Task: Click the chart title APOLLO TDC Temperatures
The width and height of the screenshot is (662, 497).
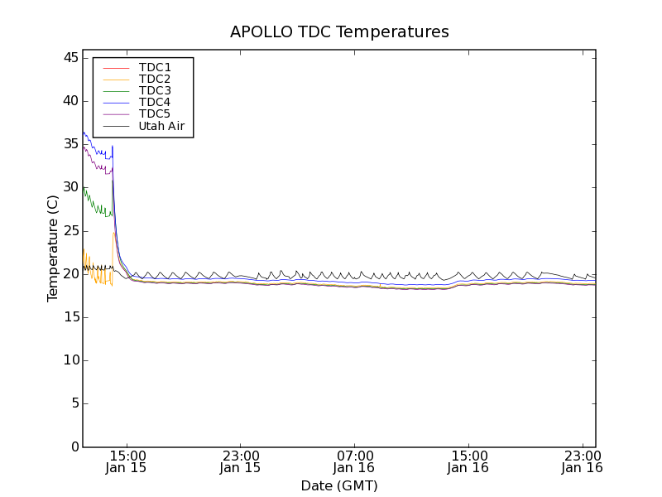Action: point(339,32)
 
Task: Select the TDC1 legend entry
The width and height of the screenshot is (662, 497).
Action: point(155,67)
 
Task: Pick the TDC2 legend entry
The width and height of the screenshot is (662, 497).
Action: point(155,79)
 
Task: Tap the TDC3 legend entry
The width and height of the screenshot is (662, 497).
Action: point(155,90)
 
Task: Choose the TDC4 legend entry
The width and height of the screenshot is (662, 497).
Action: point(155,102)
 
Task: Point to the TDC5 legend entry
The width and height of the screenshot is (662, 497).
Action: point(155,113)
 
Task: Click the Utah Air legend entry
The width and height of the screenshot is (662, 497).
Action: point(161,126)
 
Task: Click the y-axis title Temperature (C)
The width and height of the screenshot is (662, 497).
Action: point(53,248)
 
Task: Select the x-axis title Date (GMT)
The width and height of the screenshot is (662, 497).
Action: point(339,485)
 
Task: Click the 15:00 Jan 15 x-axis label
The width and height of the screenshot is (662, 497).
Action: point(127,461)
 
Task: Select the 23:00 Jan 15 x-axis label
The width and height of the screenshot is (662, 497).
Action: point(240,461)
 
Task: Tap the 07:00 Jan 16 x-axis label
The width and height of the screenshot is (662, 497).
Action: point(354,461)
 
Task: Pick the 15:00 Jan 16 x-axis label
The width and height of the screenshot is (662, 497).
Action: point(468,461)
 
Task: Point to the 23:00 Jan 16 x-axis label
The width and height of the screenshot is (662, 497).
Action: point(582,461)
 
